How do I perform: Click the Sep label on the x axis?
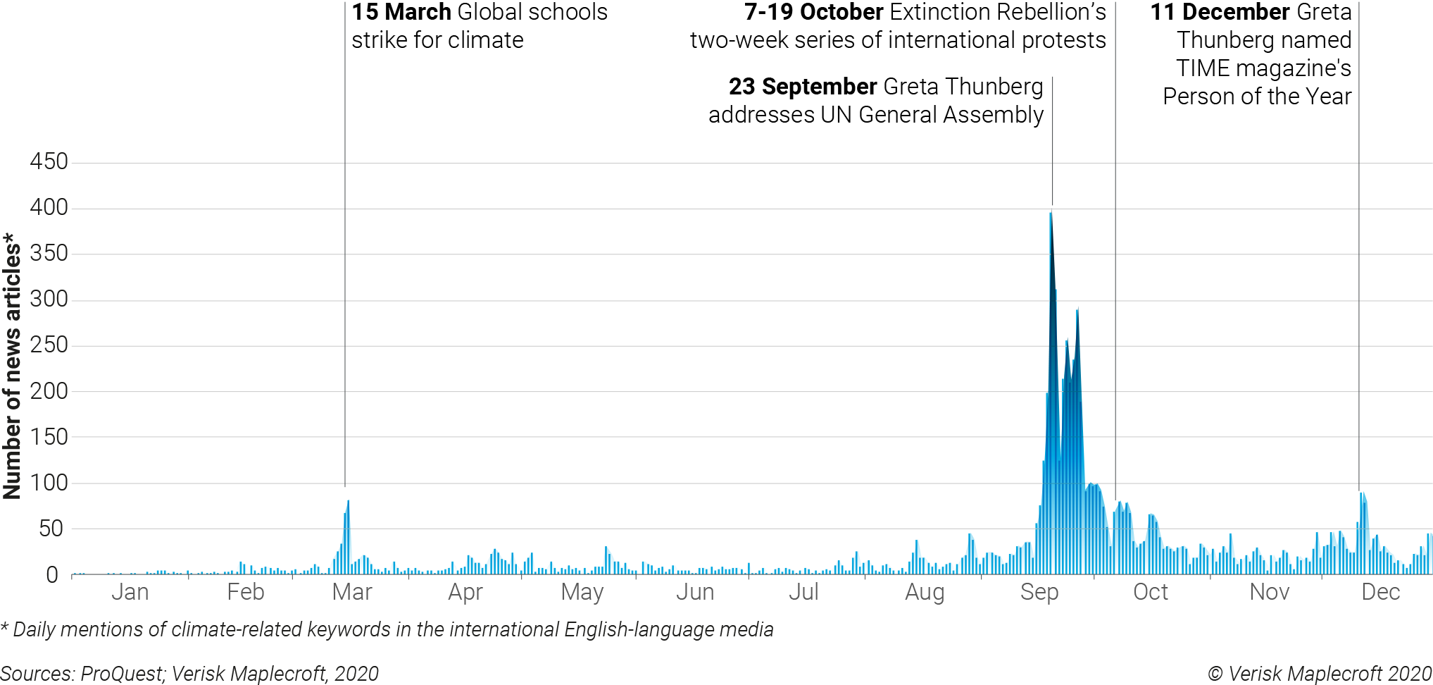click(x=1039, y=593)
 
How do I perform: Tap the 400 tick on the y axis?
click(x=49, y=207)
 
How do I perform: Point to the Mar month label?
click(x=351, y=592)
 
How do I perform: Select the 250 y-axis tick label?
click(x=49, y=345)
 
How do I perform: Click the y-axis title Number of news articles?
click(x=12, y=366)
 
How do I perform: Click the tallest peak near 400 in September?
click(x=1051, y=215)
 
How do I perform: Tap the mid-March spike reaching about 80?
click(x=348, y=503)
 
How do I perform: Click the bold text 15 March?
click(x=401, y=12)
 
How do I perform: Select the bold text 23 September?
click(x=802, y=87)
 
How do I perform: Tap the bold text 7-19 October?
click(x=813, y=12)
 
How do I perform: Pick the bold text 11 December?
click(x=1220, y=12)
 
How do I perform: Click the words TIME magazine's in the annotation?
click(x=1263, y=68)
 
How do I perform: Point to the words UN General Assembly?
click(x=932, y=115)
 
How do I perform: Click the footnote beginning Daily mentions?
click(x=387, y=629)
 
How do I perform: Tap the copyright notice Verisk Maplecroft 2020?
click(x=1319, y=674)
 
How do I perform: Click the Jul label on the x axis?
click(x=803, y=592)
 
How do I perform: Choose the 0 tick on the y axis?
click(x=52, y=575)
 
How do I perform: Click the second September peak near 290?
click(x=1077, y=310)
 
